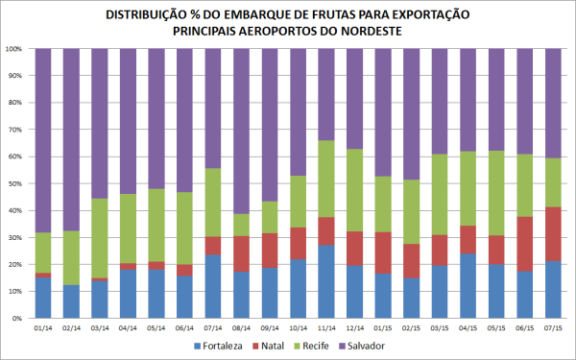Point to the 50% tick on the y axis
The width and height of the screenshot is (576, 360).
(x=17, y=183)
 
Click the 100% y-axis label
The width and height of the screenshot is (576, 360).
(x=15, y=48)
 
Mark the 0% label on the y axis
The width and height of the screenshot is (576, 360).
(x=19, y=318)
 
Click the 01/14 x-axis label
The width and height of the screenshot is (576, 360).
(x=43, y=327)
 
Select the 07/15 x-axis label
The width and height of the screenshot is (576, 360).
(x=554, y=327)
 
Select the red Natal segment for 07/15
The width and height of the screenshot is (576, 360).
(x=554, y=233)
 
